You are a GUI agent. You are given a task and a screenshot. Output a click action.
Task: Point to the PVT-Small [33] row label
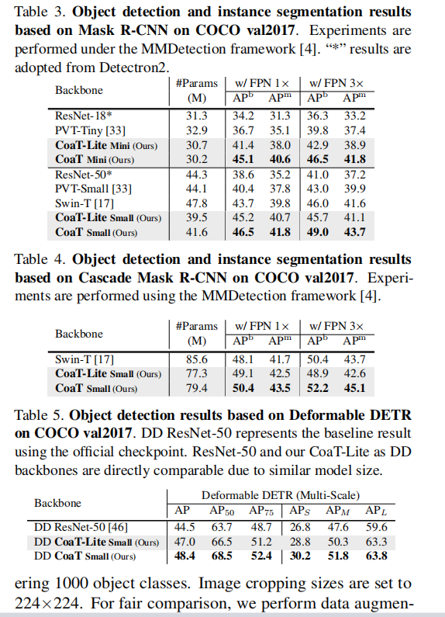coord(89,189)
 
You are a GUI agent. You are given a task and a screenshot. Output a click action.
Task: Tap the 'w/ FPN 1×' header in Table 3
coord(262,83)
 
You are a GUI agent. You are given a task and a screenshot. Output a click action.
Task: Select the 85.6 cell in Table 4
coord(198,359)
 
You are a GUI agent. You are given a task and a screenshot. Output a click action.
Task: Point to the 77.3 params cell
coord(198,374)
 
